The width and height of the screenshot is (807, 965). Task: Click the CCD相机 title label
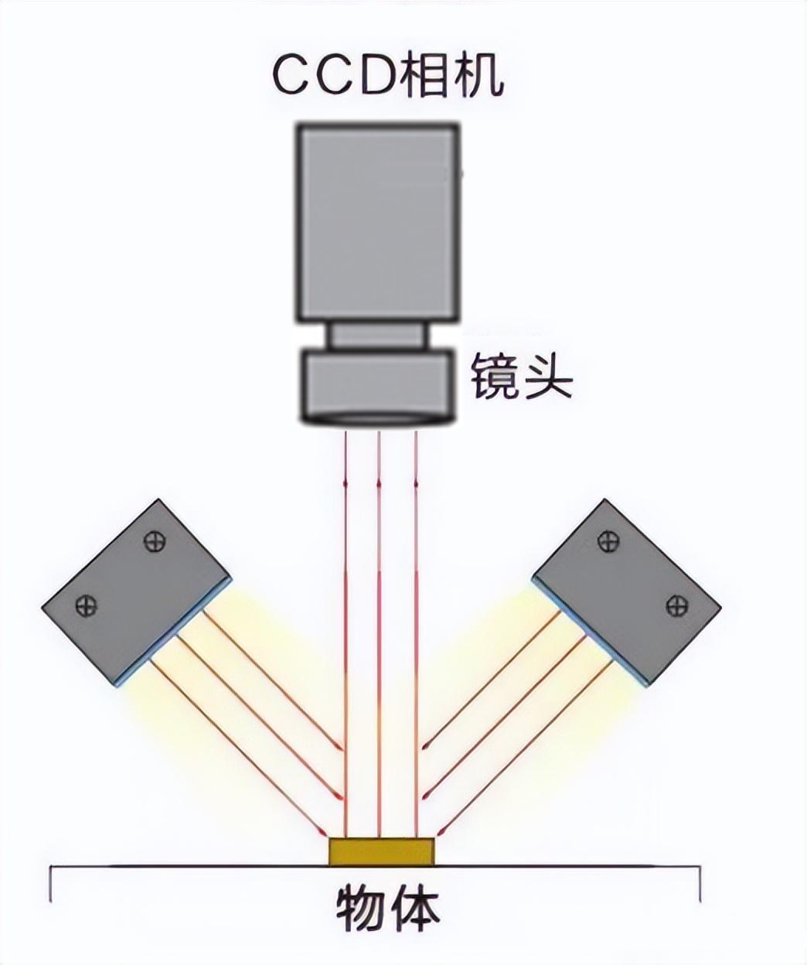[387, 74]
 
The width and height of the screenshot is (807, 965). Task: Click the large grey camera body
[378, 222]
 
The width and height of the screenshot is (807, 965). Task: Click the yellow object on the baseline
[381, 851]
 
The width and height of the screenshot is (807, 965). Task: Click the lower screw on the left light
[86, 605]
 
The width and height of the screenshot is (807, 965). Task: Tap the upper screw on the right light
[609, 542]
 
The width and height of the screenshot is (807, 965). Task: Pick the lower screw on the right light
[676, 604]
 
